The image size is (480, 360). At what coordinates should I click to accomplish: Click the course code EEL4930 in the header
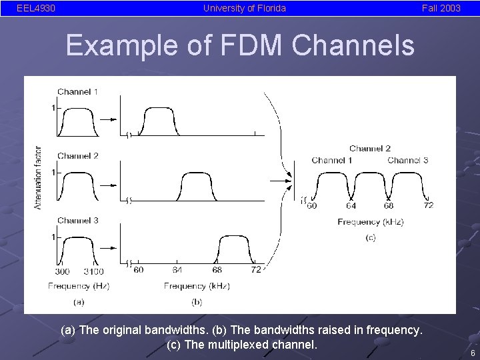36,9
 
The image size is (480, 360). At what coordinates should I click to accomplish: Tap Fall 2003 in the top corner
441,9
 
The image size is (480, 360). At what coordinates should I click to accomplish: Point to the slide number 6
472,353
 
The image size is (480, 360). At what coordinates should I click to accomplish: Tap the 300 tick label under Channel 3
62,271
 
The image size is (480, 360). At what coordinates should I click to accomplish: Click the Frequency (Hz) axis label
79,286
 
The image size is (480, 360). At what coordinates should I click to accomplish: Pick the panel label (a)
79,301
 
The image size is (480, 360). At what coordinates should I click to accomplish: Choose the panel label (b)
197,301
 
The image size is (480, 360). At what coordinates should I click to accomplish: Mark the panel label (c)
370,237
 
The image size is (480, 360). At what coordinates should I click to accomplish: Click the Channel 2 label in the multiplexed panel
370,149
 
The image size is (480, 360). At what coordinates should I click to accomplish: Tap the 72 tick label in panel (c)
428,205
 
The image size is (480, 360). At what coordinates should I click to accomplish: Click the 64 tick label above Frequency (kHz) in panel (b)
177,269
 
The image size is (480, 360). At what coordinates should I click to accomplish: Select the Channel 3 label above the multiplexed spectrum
407,160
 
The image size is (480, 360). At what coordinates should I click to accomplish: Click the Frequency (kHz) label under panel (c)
370,222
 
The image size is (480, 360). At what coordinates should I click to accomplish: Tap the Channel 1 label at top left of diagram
77,92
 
